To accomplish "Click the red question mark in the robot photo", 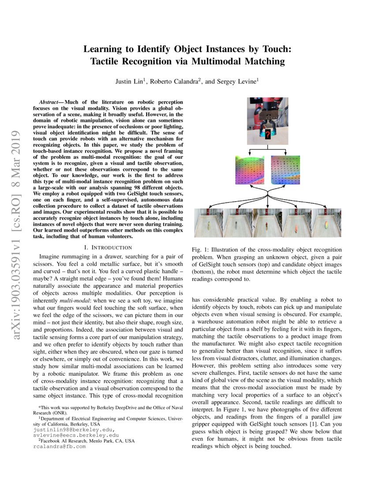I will (267, 135).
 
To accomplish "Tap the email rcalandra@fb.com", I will (60, 446).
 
